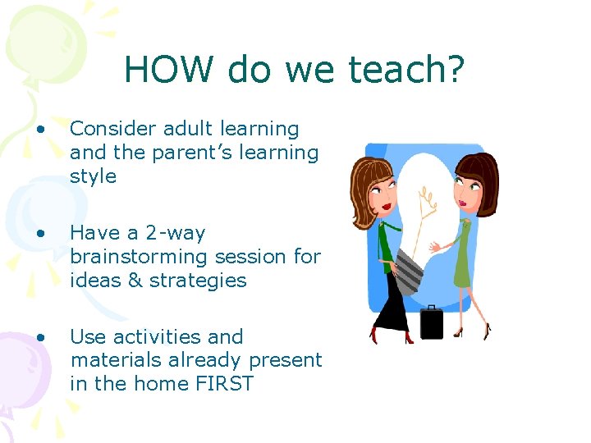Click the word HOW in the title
tap(170, 71)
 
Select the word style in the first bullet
tap(93, 176)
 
